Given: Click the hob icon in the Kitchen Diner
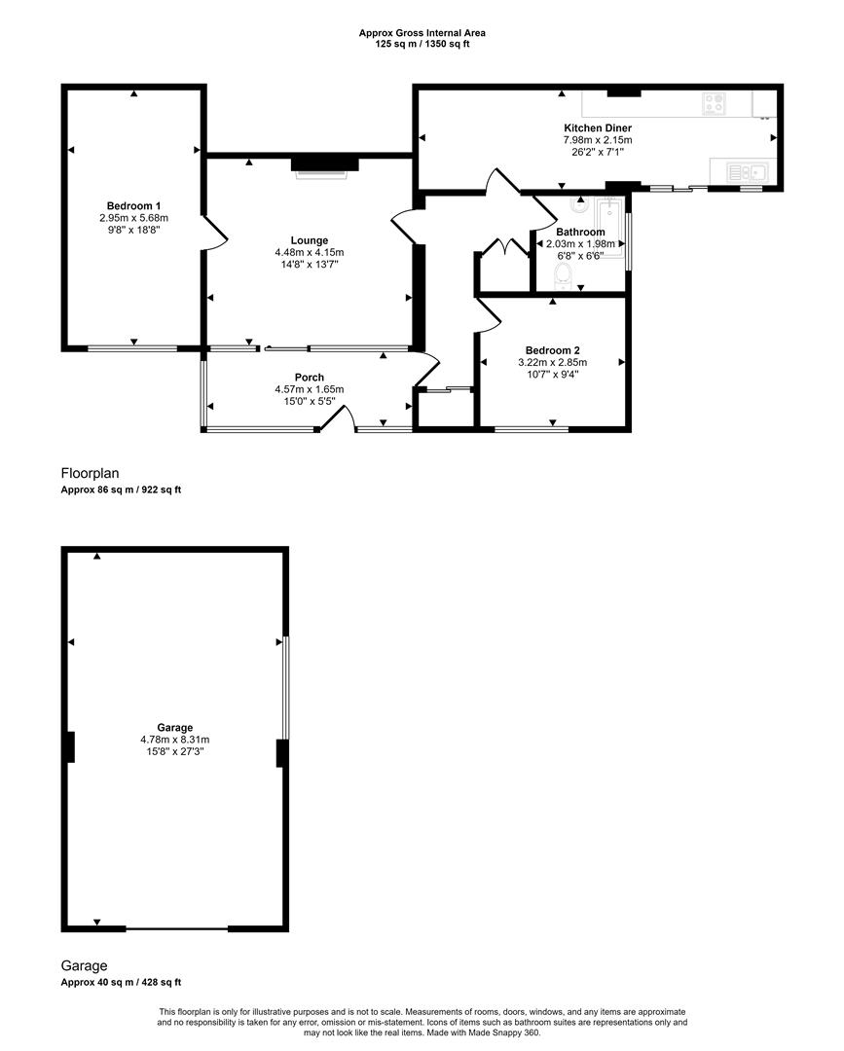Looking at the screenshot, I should point(714,103).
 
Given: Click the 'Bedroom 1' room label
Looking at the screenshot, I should point(133,205).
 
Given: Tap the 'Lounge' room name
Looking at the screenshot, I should point(309,240).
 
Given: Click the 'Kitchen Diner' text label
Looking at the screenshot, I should point(598,128).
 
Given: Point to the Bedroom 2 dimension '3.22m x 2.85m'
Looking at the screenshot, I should point(552,363).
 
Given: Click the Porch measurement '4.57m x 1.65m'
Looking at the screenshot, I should point(309,390).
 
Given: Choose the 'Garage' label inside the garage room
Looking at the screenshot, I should point(175,727).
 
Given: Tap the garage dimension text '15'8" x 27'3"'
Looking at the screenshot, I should point(175,751).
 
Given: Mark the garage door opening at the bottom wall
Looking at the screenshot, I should point(176,928).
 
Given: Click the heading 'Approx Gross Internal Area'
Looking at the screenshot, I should point(422,33).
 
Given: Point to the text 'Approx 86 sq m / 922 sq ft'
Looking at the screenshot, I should point(121,490).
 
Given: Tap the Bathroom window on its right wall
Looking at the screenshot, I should point(629,239).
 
